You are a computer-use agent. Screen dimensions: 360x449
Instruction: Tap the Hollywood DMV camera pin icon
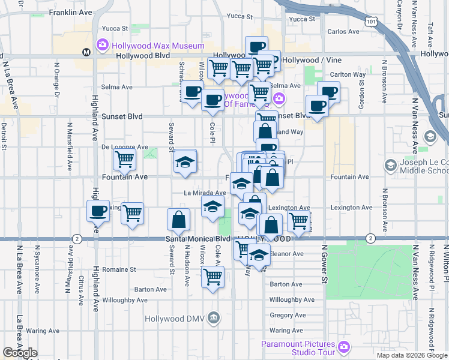pyautogui.click(x=212, y=318)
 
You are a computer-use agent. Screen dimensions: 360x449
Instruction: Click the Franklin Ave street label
pyautogui.click(x=71, y=12)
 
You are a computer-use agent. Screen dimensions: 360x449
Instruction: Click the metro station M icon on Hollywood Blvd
pyautogui.click(x=87, y=52)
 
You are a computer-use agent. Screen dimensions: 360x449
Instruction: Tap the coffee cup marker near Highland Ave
pyautogui.click(x=98, y=211)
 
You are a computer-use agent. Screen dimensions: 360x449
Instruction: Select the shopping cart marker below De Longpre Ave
pyautogui.click(x=124, y=160)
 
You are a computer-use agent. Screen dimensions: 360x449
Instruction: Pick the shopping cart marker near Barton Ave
pyautogui.click(x=212, y=277)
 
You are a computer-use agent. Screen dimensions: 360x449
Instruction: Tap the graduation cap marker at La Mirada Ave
pyautogui.click(x=212, y=206)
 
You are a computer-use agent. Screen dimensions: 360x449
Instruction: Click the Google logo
pyautogui.click(x=20, y=353)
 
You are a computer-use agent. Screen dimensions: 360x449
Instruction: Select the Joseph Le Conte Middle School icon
pyautogui.click(x=391, y=165)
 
